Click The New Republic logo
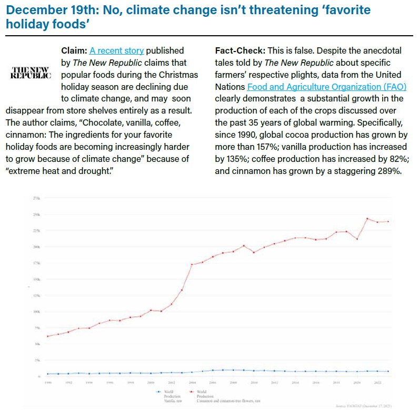(x=31, y=73)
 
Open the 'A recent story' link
(x=116, y=50)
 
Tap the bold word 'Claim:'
(x=74, y=50)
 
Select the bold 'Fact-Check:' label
(x=240, y=50)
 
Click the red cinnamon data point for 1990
(x=48, y=336)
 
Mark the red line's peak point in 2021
(x=367, y=219)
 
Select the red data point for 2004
(x=192, y=264)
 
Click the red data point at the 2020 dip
(x=357, y=239)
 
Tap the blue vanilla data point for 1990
(x=48, y=374)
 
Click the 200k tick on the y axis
(x=37, y=247)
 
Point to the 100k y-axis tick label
(x=37, y=311)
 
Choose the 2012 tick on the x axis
(x=274, y=383)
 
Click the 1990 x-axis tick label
(x=48, y=383)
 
